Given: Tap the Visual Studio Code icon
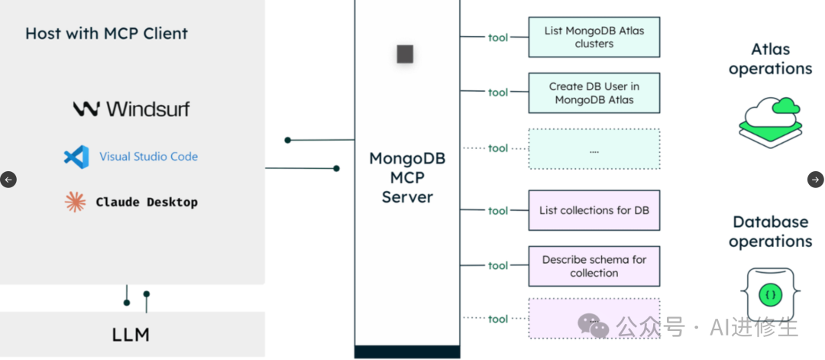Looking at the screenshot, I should tap(76, 157).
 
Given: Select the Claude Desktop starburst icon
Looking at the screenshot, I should tap(75, 202).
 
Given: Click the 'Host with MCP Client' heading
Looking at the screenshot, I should tap(106, 34).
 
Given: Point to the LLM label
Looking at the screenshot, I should tap(131, 334).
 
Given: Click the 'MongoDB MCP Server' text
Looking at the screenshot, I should tap(407, 178).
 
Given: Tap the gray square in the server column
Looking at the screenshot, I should tap(405, 54).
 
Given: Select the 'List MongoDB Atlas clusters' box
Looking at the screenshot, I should tap(594, 37).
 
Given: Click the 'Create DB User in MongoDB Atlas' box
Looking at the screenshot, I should tap(594, 92).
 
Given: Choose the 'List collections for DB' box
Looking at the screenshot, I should tap(594, 210).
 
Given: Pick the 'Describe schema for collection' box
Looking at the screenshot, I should tap(594, 266).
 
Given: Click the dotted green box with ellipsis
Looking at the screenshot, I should tap(594, 148).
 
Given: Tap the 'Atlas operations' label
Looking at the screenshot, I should tap(770, 59).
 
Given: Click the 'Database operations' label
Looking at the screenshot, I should tap(770, 232).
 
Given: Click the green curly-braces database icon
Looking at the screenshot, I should tap(769, 293).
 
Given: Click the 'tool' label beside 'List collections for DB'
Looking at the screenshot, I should tap(498, 211).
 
